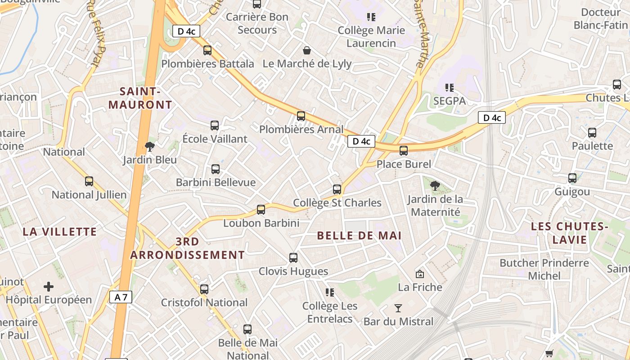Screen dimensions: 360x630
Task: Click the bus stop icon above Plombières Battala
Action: click(207, 50)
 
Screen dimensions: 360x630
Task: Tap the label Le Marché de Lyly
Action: click(307, 63)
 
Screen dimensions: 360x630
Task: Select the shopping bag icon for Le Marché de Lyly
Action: click(307, 50)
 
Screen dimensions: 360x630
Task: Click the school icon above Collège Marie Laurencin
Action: click(371, 17)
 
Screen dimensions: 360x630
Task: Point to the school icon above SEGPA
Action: click(449, 87)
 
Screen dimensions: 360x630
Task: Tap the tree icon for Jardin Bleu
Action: click(150, 146)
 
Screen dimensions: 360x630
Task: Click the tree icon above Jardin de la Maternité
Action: click(435, 185)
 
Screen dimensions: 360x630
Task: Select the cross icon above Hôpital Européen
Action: click(49, 286)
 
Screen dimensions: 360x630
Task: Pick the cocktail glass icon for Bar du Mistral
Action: click(398, 308)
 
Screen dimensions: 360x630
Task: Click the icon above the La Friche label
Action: click(420, 274)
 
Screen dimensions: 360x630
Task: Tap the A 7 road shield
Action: click(121, 297)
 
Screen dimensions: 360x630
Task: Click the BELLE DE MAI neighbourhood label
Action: click(359, 235)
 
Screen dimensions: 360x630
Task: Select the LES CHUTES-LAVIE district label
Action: click(567, 233)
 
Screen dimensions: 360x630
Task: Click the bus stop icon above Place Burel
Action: click(404, 151)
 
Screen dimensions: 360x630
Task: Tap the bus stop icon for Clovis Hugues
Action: click(293, 258)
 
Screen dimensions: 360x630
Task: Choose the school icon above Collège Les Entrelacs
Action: click(330, 292)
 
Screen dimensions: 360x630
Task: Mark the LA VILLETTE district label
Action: click(60, 232)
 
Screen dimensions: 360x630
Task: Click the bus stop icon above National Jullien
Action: click(89, 181)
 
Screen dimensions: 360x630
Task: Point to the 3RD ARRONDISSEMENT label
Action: click(187, 248)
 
